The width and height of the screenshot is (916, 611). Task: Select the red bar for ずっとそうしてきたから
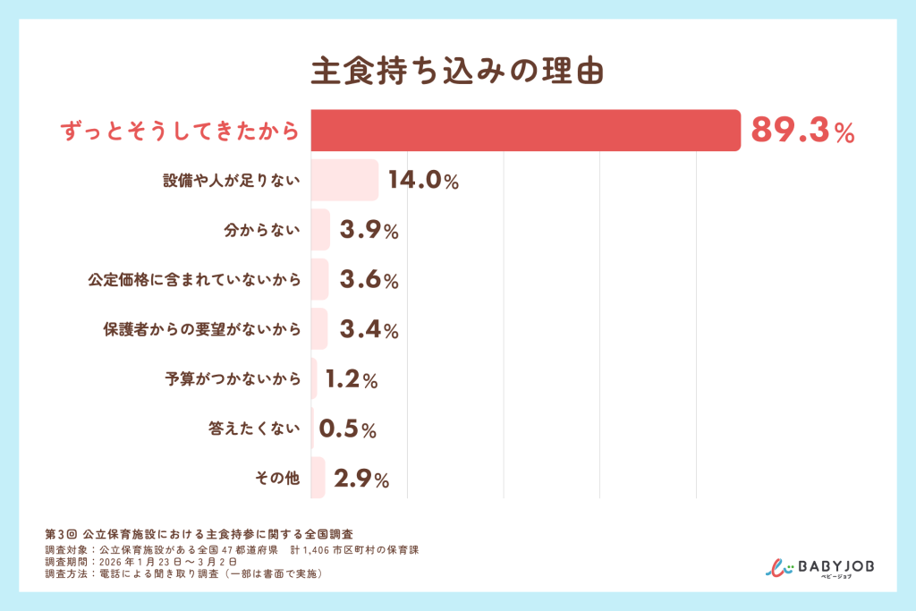coord(526,131)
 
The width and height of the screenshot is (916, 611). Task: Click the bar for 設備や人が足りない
coord(344,181)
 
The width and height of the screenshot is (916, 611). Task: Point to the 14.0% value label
coord(423,181)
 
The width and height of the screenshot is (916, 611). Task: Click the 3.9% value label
coord(369,231)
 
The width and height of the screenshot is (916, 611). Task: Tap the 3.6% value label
coord(369,281)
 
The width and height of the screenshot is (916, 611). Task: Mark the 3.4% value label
coord(369,330)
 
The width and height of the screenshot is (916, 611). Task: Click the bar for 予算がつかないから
coord(314,379)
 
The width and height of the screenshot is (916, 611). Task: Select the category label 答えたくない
coord(255,429)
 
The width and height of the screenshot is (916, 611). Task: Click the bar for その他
coord(318,479)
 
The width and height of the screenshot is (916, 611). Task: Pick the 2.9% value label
coord(360,479)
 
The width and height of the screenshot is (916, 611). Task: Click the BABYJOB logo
coord(821,568)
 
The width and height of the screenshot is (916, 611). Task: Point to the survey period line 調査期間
coord(140,562)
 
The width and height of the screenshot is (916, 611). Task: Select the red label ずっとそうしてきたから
coord(179,132)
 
